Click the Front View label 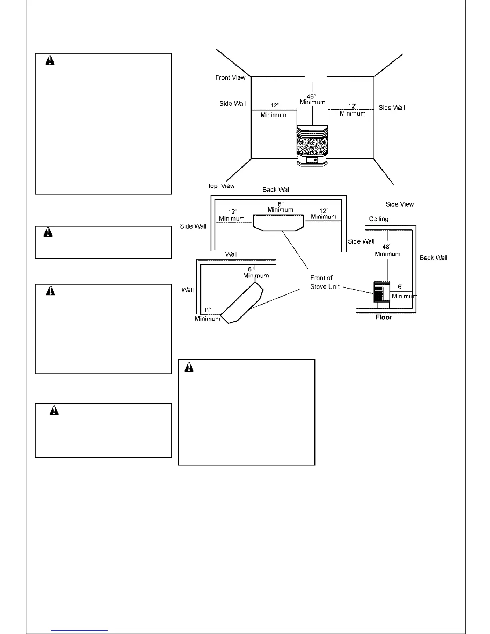coord(230,78)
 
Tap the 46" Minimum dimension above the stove coord(312,99)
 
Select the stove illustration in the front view coord(312,146)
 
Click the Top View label coord(221,186)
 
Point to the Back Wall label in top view coord(277,190)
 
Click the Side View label coord(400,205)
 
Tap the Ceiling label coord(379,219)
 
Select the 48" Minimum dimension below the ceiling coord(387,251)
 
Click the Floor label coord(384,317)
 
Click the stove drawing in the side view coord(382,292)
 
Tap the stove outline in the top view coord(279,223)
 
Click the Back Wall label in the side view coord(434,258)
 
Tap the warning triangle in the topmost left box coord(50,61)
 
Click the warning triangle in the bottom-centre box coord(189,367)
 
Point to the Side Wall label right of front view coord(392,108)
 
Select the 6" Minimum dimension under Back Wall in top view coord(280,207)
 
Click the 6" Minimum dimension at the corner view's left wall coord(207,315)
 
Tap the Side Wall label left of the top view coord(193,227)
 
